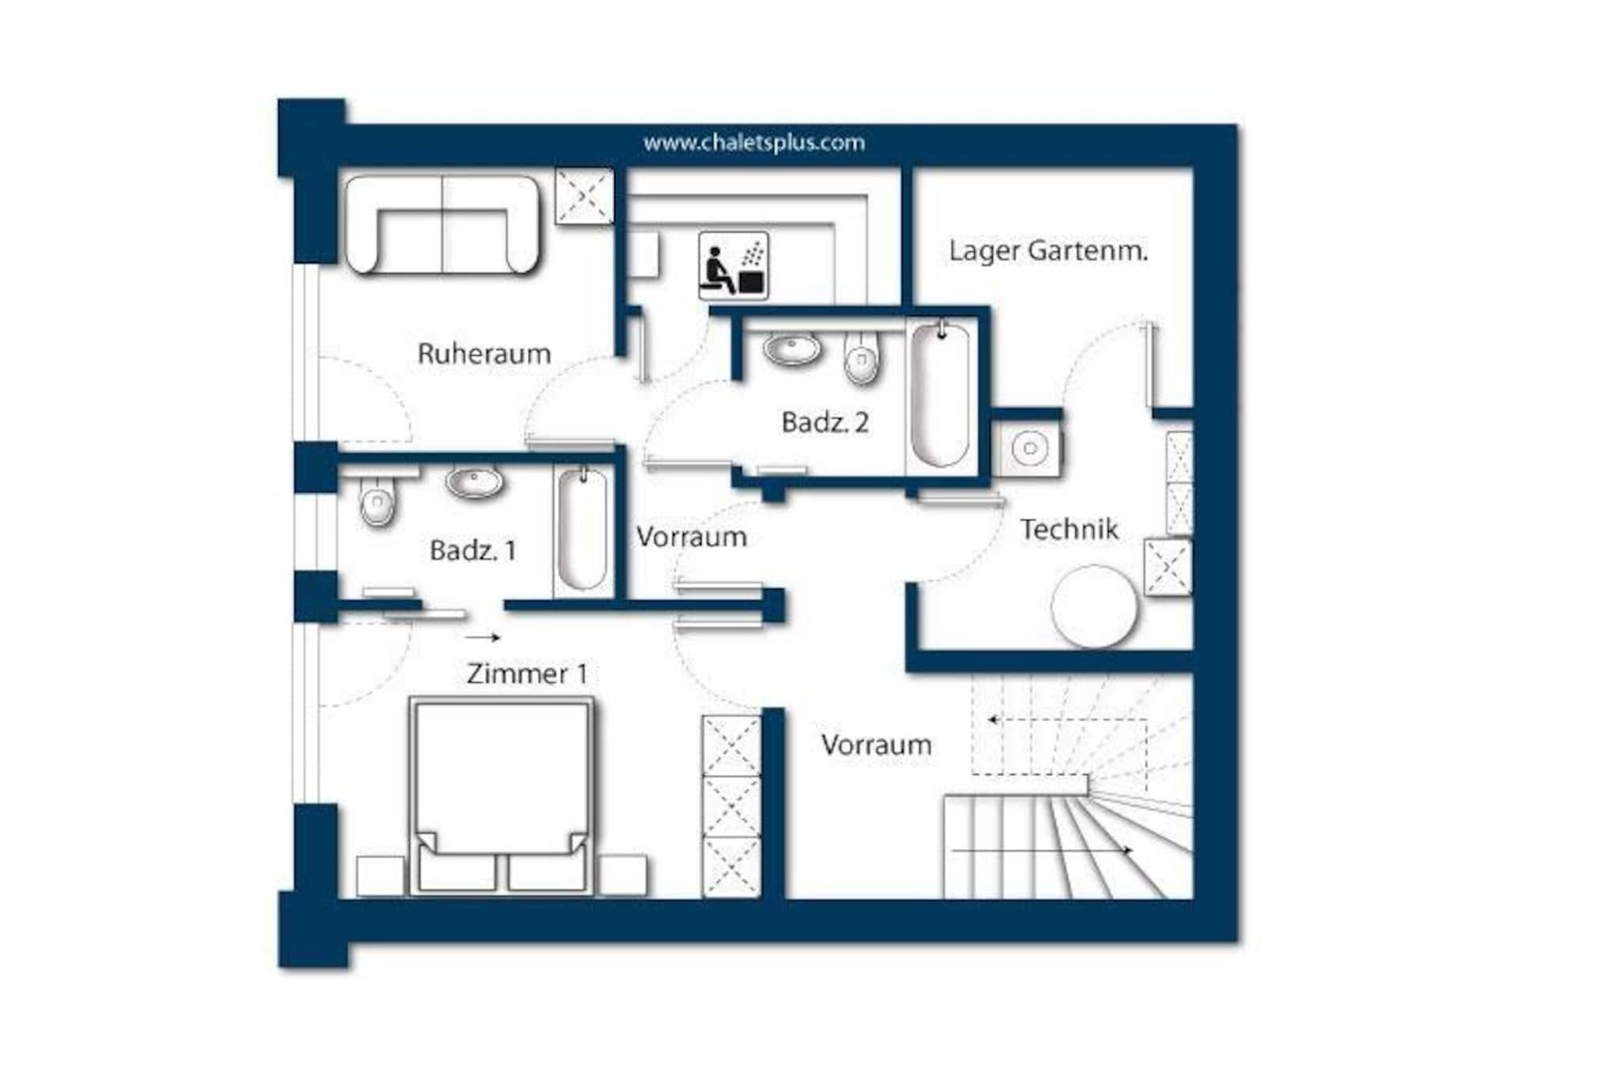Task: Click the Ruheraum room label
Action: pyautogui.click(x=484, y=353)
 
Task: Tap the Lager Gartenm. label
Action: pyautogui.click(x=1048, y=251)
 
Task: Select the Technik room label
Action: pyautogui.click(x=1069, y=529)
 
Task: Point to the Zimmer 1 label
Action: pyautogui.click(x=527, y=673)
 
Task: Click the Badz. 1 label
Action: pyautogui.click(x=473, y=550)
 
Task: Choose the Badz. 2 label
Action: pyautogui.click(x=825, y=422)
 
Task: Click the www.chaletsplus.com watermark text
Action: pyautogui.click(x=753, y=143)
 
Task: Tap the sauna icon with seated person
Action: pyautogui.click(x=734, y=266)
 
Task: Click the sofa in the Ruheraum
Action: pyautogui.click(x=443, y=225)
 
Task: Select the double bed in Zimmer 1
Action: pyautogui.click(x=502, y=796)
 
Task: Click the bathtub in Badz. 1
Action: pyautogui.click(x=583, y=529)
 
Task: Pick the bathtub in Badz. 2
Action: pyautogui.click(x=940, y=394)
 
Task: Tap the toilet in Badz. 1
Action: pyautogui.click(x=377, y=500)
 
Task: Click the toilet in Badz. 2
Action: pyautogui.click(x=861, y=357)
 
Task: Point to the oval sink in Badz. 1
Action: pyautogui.click(x=474, y=482)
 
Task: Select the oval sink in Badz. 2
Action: pyautogui.click(x=793, y=349)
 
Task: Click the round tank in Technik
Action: pyautogui.click(x=1095, y=606)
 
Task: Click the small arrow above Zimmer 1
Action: pyautogui.click(x=483, y=637)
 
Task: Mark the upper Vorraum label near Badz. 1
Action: pyautogui.click(x=692, y=537)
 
